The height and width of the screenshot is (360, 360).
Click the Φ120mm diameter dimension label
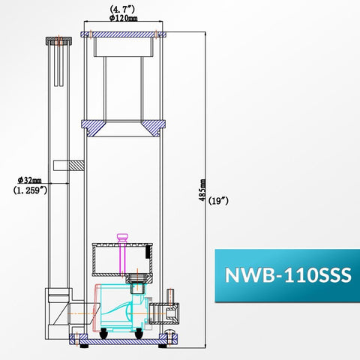123,18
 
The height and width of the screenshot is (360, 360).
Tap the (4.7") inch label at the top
122,10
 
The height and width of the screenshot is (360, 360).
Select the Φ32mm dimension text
29,180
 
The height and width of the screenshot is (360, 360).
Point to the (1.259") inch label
30,190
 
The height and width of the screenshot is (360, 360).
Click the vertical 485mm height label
202,190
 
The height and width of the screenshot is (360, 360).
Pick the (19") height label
218,201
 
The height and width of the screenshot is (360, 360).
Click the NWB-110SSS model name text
288,275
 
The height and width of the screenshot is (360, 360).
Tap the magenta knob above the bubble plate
122,237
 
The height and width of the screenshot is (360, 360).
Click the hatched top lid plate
123,34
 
